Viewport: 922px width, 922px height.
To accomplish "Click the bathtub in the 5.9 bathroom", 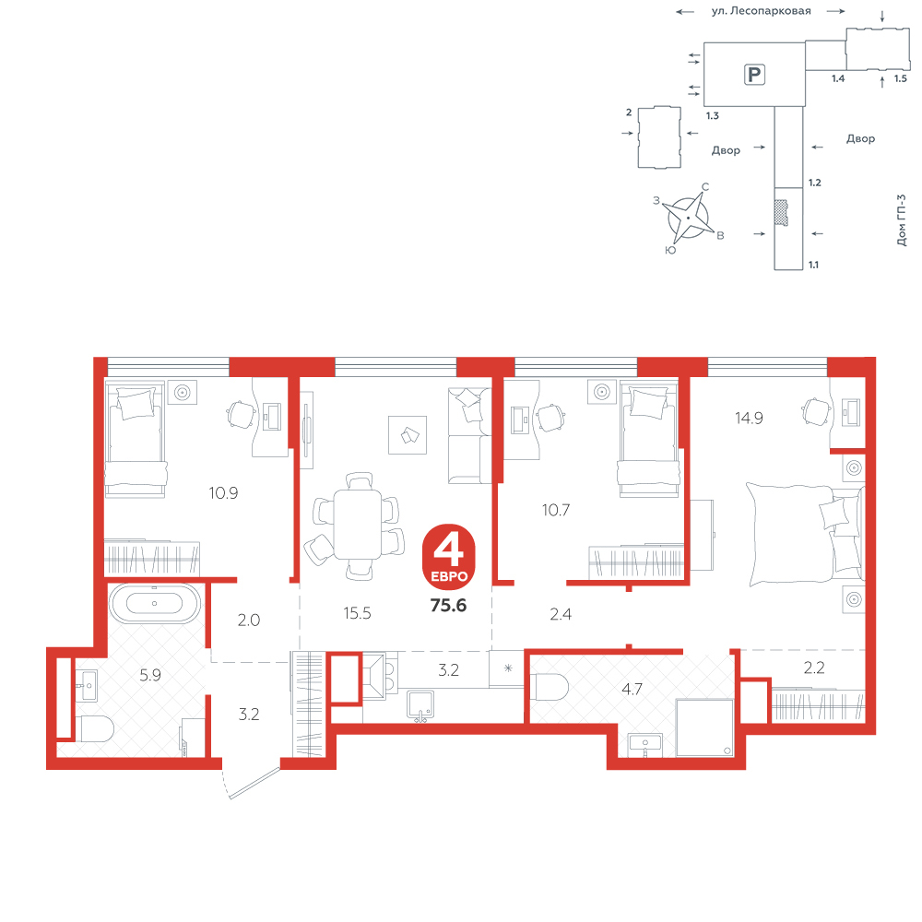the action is coord(155,603).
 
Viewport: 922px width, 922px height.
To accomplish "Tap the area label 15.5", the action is coord(358,613).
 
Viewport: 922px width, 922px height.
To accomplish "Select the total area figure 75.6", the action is coord(448,605).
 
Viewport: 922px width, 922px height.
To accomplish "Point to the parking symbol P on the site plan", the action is coord(754,75).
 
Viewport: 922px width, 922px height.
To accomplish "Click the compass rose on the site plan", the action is coord(688,218).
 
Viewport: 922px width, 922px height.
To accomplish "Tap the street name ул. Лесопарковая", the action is coord(761,10).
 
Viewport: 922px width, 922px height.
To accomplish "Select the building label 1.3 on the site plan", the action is coord(713,116).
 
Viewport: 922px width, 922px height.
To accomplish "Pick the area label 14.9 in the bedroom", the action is coord(749,418).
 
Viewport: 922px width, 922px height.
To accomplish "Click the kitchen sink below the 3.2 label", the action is coord(421,705).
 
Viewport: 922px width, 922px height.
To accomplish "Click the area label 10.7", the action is coord(556,510).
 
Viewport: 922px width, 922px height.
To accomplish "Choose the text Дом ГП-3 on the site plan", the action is coord(902,220).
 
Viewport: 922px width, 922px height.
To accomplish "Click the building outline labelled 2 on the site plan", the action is coord(659,137).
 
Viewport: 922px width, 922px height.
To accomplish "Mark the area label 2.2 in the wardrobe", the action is coord(814,668).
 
